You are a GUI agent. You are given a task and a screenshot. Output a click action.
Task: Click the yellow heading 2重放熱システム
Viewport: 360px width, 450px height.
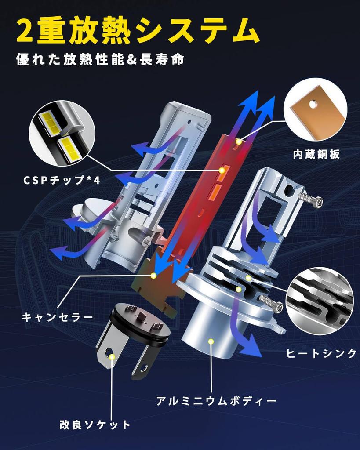tap(136, 30)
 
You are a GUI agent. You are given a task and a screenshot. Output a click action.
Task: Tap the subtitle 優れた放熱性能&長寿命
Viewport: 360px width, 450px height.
tap(100, 59)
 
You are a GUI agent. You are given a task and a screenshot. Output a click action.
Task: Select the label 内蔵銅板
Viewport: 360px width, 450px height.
tap(316, 155)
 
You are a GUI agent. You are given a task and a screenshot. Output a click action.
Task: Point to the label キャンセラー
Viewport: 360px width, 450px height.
tap(58, 316)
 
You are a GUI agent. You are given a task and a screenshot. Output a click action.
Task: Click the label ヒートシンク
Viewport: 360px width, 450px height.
tap(321, 354)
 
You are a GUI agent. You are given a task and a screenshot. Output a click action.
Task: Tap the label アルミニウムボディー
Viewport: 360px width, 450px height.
tap(217, 401)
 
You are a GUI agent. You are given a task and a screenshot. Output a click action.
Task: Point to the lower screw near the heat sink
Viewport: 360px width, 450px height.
tap(270, 303)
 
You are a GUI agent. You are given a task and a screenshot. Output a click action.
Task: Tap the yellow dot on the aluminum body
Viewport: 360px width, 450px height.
tap(211, 341)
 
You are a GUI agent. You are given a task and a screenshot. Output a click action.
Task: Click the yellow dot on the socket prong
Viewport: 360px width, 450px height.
tap(112, 356)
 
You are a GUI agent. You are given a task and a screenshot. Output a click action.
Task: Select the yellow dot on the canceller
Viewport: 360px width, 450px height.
tap(153, 276)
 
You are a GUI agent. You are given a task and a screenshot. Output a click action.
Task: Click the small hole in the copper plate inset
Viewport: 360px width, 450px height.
tap(313, 104)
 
